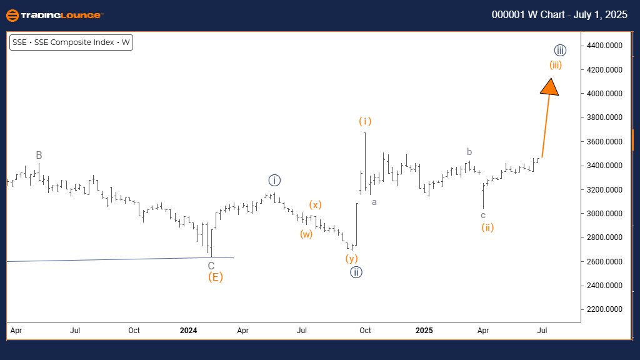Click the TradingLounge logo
click(54, 15)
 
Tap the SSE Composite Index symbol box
click(71, 42)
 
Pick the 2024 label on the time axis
click(189, 330)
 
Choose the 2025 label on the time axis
click(424, 330)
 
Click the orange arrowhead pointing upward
click(549, 87)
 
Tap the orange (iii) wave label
click(556, 65)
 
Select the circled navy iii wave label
click(560, 50)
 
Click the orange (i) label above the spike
click(365, 121)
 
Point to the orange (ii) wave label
click(487, 227)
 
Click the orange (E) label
click(215, 277)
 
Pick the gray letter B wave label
click(39, 155)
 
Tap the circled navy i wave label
click(274, 181)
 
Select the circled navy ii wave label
click(356, 272)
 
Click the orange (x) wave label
click(316, 204)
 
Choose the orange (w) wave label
click(306, 234)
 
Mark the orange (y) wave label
click(351, 257)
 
